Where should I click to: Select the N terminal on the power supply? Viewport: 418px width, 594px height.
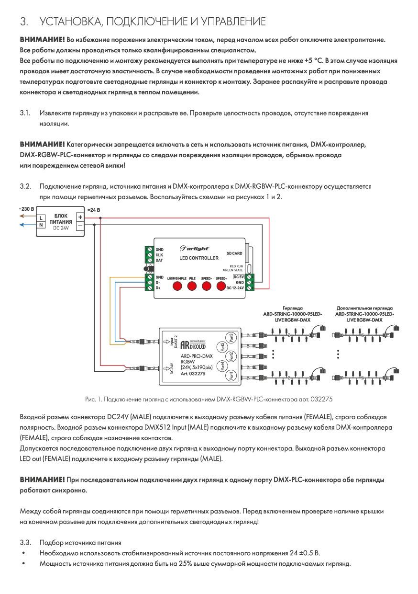coord(41,225)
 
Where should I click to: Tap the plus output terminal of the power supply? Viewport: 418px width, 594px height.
coord(80,217)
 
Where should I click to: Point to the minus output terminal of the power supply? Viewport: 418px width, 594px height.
coord(80,226)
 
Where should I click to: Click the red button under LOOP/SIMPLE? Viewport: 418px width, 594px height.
coord(177,286)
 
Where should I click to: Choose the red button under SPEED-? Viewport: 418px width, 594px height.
coord(207,286)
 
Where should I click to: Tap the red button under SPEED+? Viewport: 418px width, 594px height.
coord(221,286)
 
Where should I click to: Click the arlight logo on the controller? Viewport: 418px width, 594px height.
coord(194,249)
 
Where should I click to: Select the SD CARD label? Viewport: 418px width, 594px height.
coord(234,253)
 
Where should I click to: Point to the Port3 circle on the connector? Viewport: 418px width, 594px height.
coord(231,338)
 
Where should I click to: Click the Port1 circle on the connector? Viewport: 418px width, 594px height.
coord(231,376)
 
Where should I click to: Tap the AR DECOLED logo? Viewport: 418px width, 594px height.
coord(193,344)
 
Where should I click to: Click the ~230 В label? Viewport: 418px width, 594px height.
coord(27,209)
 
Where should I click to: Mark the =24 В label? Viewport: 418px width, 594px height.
coord(94,210)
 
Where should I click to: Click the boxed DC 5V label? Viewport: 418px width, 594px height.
coord(239,277)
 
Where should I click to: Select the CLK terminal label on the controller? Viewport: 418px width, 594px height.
coord(159,255)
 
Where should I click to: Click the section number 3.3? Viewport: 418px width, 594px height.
coord(25,543)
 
